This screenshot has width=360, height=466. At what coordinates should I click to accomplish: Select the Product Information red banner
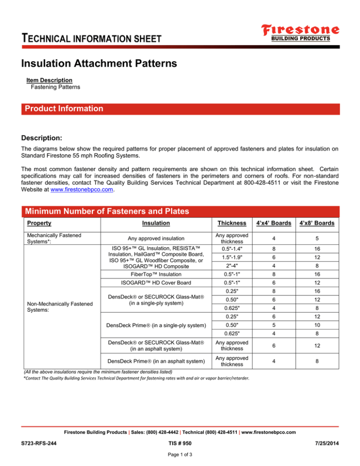tap(180, 109)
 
